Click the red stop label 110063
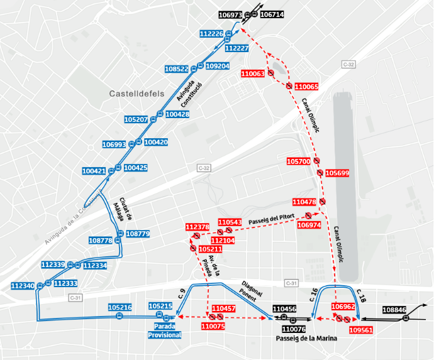coord(253,74)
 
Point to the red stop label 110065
coord(306,86)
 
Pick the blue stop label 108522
coord(177,69)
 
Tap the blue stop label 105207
coord(136,119)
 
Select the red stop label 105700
coord(299,161)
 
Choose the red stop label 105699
coord(338,173)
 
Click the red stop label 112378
coord(197,227)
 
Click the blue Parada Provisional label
coord(165,330)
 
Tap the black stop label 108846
coord(394,310)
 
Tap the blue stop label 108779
coord(138,234)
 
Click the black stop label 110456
coord(284,309)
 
